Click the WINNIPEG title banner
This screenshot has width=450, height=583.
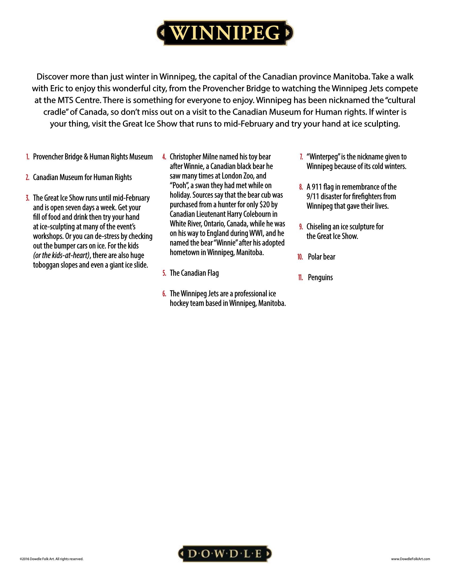(x=225, y=33)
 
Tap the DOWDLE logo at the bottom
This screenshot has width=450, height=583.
(x=225, y=554)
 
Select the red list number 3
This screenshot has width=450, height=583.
(x=28, y=198)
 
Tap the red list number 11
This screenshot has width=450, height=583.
(x=300, y=278)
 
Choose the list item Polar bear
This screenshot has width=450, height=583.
(x=321, y=257)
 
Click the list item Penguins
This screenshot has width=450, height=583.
(x=320, y=278)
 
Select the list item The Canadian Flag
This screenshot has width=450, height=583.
(x=194, y=273)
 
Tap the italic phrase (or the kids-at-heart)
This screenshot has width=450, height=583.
(x=61, y=255)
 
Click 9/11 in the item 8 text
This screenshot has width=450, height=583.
(x=313, y=197)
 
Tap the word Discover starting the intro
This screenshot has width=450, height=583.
(x=52, y=77)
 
